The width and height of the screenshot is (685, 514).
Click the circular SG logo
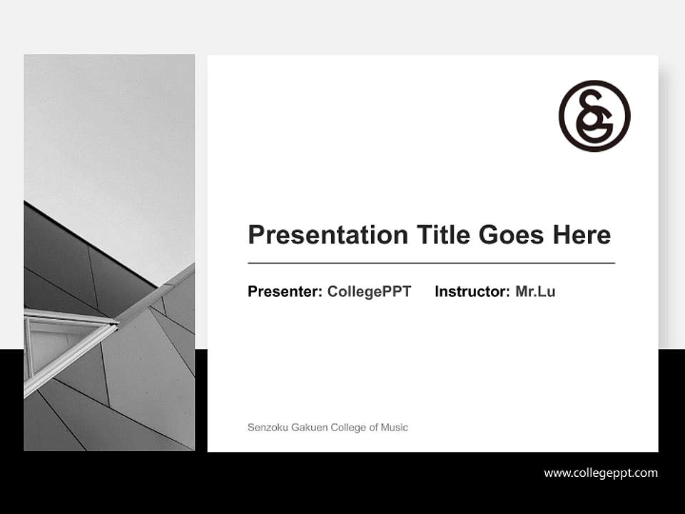point(594,116)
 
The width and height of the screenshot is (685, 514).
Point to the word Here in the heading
point(581,235)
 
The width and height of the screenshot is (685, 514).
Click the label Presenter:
point(285,291)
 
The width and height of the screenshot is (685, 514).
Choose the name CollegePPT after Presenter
point(369,291)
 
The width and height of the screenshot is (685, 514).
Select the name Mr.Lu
point(535,291)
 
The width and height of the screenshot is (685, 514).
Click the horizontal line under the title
point(431,263)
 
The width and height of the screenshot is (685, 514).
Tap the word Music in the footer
point(395,428)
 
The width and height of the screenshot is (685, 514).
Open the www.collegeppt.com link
point(601,473)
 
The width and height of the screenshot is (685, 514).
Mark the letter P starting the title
point(255,235)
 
